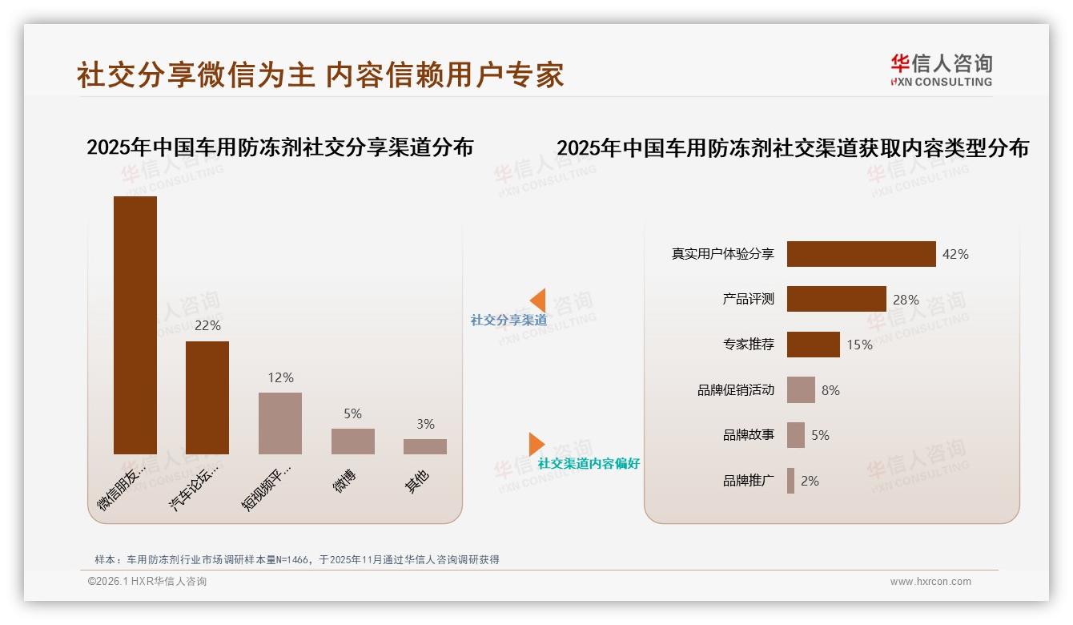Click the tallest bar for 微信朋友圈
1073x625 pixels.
point(135,325)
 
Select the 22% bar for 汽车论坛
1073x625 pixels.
point(207,397)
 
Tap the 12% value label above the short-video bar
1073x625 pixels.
point(280,377)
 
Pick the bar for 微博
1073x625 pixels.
point(353,441)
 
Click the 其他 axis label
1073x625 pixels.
point(417,481)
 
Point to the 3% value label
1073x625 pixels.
point(425,424)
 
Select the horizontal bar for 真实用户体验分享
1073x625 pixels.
point(861,254)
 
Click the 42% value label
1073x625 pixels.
point(955,254)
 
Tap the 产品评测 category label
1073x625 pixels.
point(748,299)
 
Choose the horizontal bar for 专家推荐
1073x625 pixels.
point(813,345)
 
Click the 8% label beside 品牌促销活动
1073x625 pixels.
point(830,390)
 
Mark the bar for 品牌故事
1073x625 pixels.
point(795,435)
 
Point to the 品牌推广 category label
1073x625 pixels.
point(748,481)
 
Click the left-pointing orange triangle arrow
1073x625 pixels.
point(538,300)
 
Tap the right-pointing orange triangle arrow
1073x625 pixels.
point(536,444)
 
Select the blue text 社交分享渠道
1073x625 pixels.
point(508,320)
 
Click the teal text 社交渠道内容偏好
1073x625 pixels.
point(589,463)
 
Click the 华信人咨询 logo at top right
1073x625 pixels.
point(941,70)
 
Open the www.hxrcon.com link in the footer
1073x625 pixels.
point(930,582)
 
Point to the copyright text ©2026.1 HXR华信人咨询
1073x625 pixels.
point(147,582)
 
